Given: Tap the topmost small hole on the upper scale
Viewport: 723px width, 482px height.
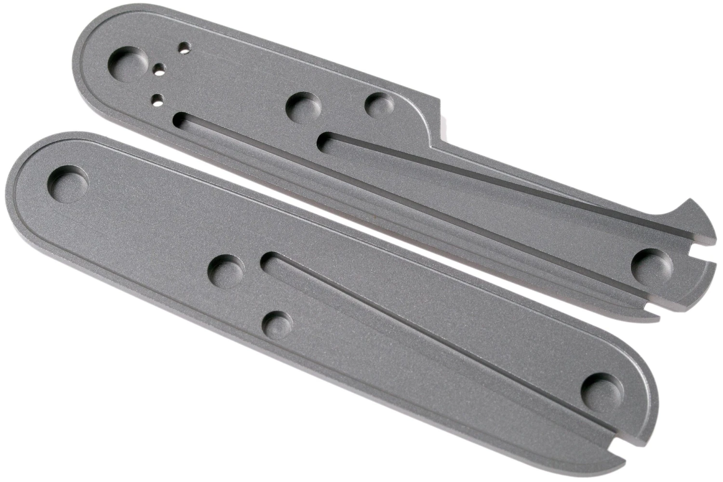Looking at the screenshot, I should click(x=183, y=47).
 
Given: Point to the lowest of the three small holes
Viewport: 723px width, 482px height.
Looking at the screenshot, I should click(x=156, y=99).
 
